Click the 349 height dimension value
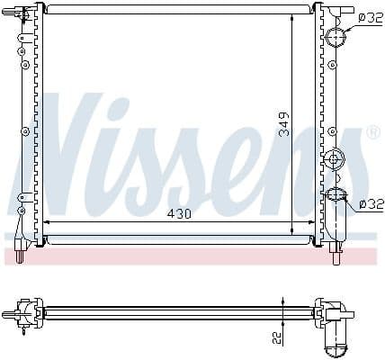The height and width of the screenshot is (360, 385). point(284,124)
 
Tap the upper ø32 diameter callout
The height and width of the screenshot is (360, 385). point(370,16)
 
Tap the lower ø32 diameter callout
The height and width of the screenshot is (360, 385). point(370,204)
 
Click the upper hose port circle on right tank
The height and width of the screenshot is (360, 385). point(335,37)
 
